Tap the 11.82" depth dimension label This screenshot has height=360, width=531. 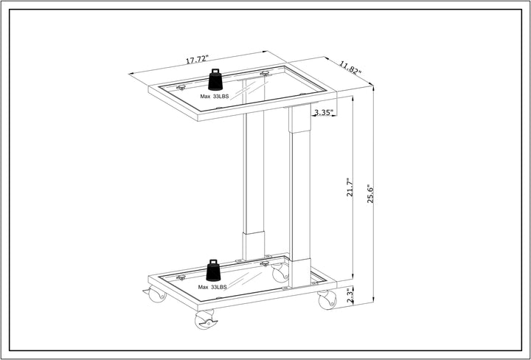(x=351, y=68)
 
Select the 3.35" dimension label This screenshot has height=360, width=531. (x=324, y=112)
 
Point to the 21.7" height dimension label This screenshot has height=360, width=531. (x=350, y=187)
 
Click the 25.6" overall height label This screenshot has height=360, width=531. (x=370, y=193)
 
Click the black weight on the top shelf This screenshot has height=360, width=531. (x=215, y=80)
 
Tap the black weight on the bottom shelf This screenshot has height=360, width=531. (x=213, y=270)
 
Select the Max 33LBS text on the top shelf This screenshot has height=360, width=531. (x=215, y=97)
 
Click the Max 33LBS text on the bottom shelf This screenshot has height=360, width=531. (x=212, y=287)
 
